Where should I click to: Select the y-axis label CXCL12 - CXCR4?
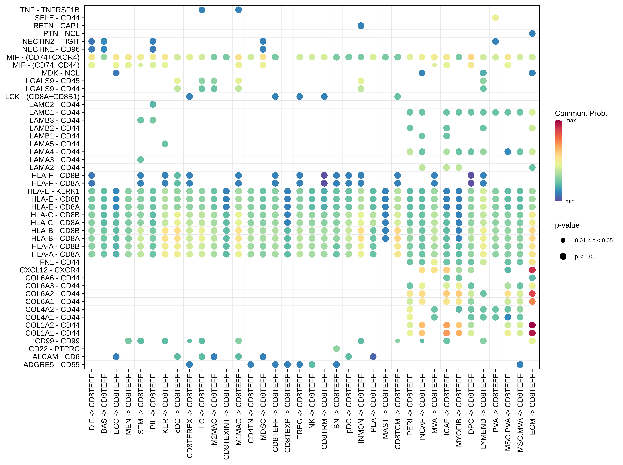click(49, 270)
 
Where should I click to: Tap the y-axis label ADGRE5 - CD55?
click(51, 365)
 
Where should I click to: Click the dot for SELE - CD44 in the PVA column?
click(496, 18)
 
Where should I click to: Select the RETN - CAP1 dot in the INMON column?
click(361, 26)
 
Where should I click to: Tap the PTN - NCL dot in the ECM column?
click(532, 33)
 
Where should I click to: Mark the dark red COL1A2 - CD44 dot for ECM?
click(532, 325)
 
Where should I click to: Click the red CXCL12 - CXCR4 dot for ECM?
click(532, 270)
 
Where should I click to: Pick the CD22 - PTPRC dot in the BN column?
click(336, 349)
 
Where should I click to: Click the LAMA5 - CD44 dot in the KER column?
click(165, 144)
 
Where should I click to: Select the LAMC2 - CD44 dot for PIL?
click(153, 104)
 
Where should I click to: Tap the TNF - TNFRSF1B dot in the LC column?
click(202, 10)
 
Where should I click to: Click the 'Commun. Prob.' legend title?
click(581, 113)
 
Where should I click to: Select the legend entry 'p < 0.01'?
click(585, 256)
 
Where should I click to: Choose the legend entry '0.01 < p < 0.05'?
click(594, 240)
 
